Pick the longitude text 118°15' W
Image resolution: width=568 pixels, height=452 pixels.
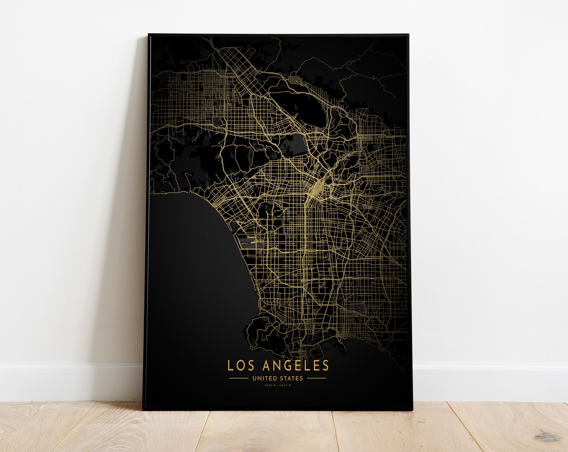coord(285,385)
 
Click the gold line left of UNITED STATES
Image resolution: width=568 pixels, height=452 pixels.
coord(238,378)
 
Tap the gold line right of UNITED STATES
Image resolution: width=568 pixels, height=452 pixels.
coord(317,378)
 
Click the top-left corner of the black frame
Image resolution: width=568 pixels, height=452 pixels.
coord(149,35)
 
